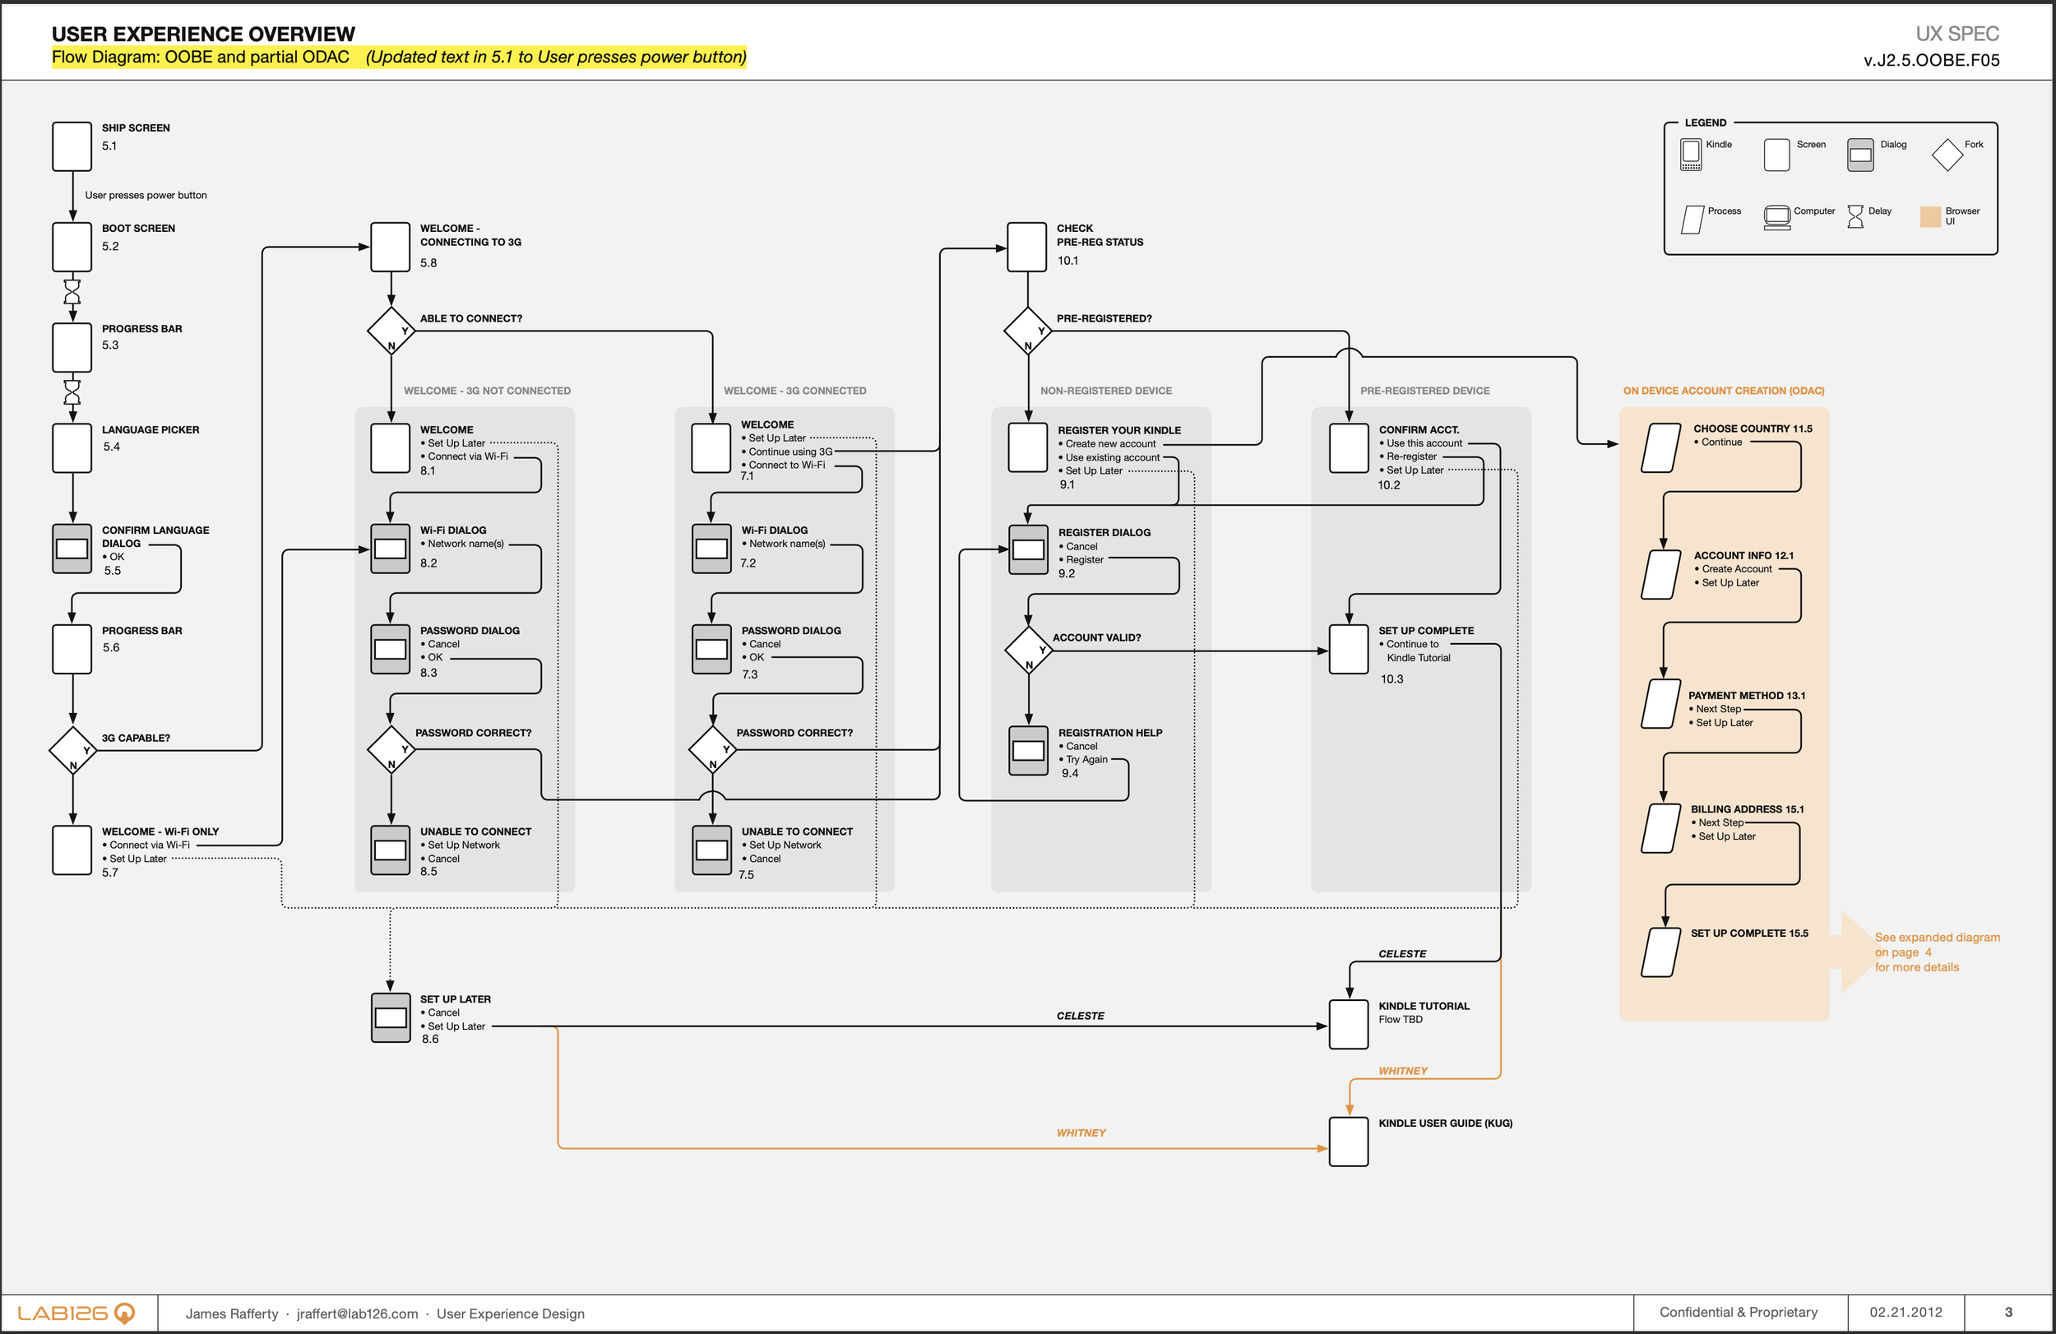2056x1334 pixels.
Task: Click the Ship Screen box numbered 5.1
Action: [72, 146]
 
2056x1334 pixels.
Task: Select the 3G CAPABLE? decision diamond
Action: [72, 750]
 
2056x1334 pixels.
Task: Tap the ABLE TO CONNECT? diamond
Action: [391, 330]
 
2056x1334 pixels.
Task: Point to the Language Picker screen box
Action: [72, 447]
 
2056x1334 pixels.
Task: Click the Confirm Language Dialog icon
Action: [72, 549]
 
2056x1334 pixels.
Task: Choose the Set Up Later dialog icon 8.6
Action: [391, 1018]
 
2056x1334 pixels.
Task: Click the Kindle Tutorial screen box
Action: [1349, 1025]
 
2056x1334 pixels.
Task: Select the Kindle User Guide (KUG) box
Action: [1349, 1142]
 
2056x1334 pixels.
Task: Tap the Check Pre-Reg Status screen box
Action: [1027, 246]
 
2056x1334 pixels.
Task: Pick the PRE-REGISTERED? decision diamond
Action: [1028, 330]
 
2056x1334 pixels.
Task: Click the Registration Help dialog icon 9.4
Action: [1028, 750]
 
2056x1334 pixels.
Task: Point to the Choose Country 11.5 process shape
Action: [1660, 447]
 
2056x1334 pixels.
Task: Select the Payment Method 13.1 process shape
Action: [1660, 703]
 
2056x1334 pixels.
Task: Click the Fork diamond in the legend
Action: [1947, 155]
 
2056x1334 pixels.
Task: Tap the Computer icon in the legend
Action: [1777, 218]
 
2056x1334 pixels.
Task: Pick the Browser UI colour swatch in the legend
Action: [1930, 217]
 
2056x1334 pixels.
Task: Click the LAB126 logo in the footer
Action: [76, 1313]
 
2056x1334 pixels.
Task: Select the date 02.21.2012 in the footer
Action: [1906, 1312]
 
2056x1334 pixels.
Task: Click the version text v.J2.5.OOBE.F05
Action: [1931, 59]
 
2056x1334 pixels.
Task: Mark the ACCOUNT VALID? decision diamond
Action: [1029, 650]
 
